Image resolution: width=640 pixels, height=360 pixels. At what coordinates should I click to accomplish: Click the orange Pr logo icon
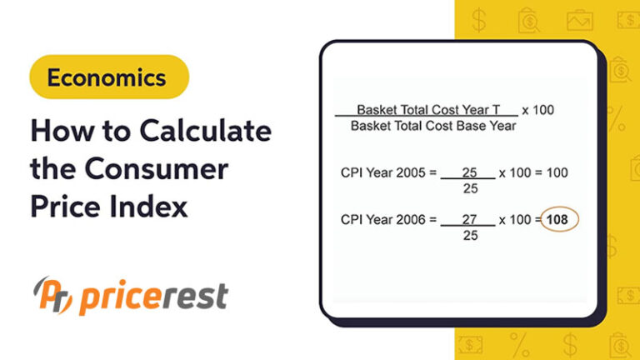(52, 296)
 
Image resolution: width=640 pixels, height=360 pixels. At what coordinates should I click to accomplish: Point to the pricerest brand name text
(151, 297)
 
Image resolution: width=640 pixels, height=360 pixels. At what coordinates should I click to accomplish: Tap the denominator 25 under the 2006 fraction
(469, 236)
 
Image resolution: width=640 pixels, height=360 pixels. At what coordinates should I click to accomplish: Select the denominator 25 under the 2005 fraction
(469, 188)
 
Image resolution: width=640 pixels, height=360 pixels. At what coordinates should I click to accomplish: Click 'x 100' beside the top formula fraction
(537, 110)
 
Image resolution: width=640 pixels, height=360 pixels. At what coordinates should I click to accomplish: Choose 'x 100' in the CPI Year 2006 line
(514, 220)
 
